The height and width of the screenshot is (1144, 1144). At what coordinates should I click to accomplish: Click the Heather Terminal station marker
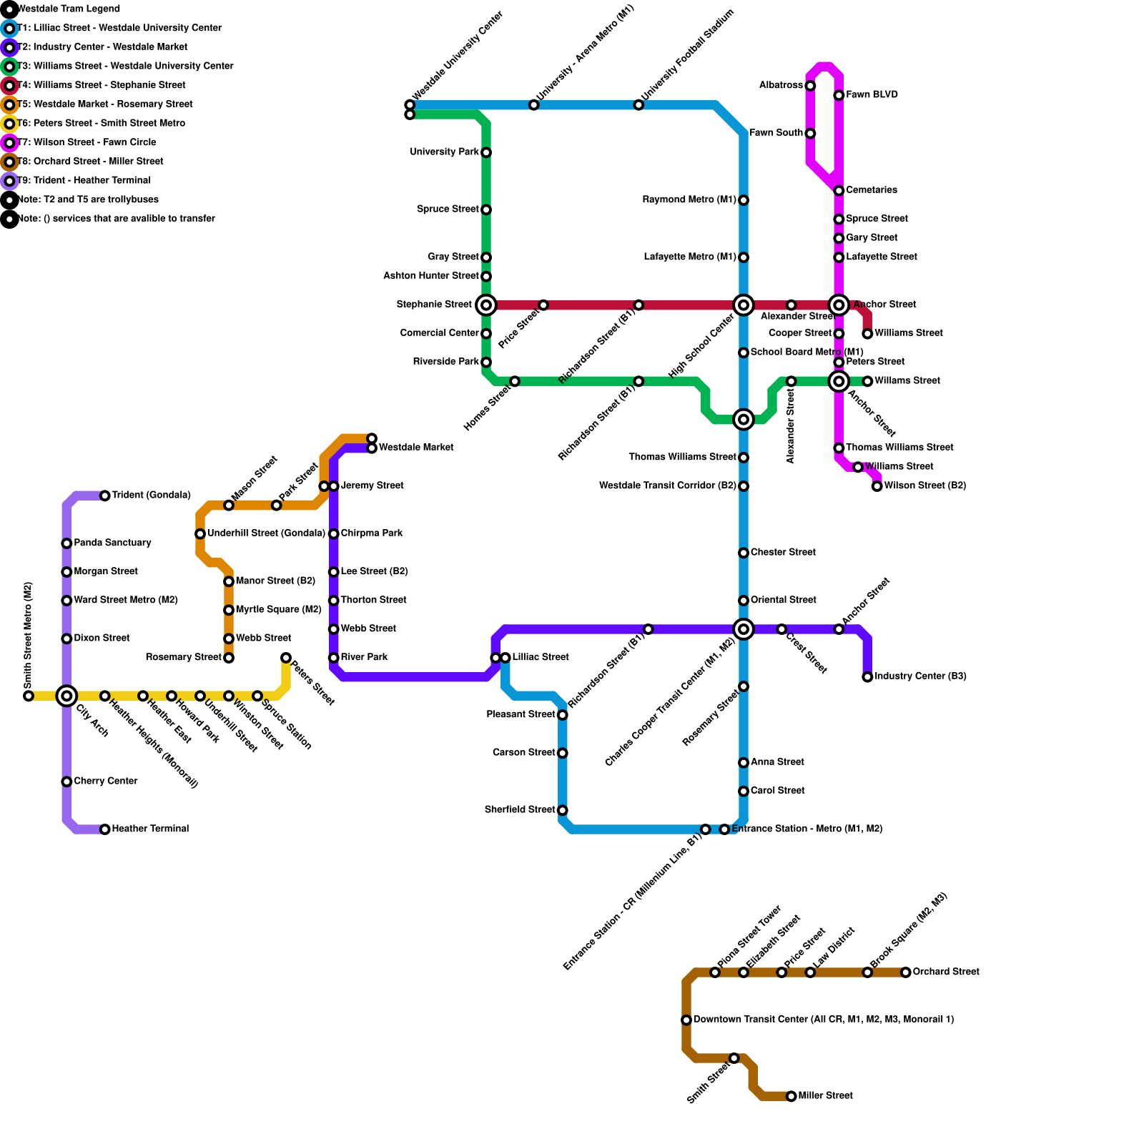point(105,829)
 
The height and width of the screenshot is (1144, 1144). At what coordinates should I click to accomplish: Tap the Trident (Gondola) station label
point(151,495)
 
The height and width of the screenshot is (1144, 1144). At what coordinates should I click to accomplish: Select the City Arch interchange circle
point(66,696)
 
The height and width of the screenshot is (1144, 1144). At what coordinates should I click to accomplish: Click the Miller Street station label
point(825,1096)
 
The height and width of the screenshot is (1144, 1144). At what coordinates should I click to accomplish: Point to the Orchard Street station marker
point(906,972)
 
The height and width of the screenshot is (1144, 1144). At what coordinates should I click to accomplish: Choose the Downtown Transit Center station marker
point(686,1020)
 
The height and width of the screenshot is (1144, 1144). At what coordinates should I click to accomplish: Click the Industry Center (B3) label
point(920,676)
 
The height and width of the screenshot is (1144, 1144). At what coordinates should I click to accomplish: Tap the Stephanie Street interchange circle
point(486,305)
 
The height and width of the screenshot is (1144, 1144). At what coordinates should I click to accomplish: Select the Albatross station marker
point(810,87)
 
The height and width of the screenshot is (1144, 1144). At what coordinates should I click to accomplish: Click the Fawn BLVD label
point(872,95)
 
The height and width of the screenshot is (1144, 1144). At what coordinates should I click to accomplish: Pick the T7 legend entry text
point(87,142)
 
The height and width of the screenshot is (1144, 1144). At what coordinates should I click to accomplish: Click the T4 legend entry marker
point(9,86)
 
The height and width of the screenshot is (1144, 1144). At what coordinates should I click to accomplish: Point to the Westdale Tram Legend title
point(69,9)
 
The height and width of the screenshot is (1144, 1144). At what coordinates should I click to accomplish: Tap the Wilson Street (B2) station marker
point(877,486)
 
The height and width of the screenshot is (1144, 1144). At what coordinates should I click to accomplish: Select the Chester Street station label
point(783,553)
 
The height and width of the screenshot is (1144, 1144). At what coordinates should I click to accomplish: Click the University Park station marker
point(486,153)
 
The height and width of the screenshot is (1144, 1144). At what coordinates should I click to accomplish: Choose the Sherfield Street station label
point(520,810)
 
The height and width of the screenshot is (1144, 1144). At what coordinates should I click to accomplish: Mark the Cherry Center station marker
point(66,782)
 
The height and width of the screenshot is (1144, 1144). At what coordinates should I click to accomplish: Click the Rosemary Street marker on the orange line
point(229,658)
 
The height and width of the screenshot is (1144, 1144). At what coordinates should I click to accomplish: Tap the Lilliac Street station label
point(541,657)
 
